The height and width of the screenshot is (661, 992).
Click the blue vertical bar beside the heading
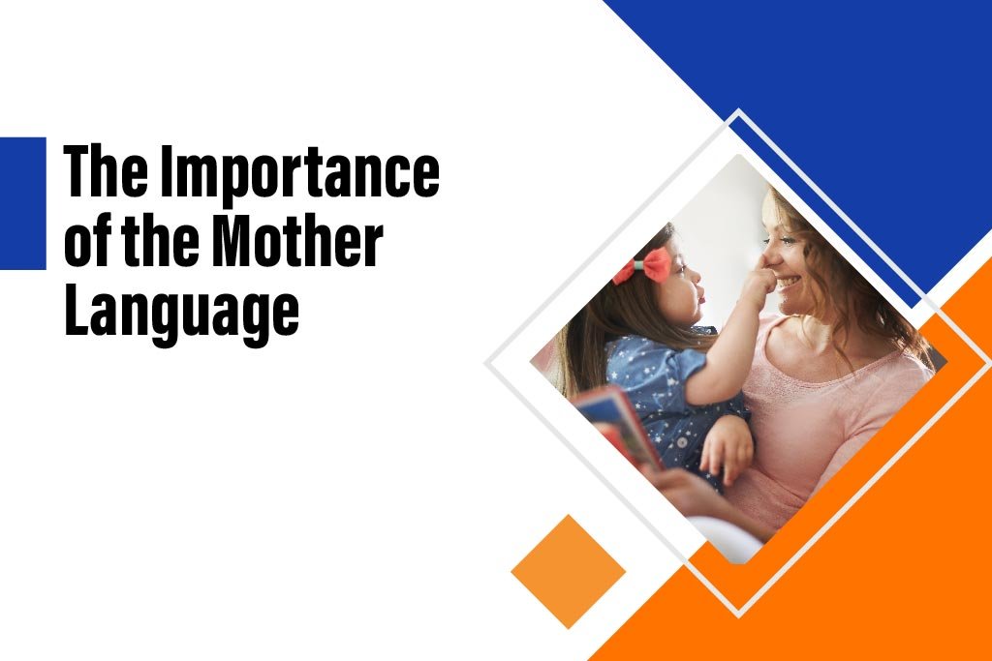point(22,203)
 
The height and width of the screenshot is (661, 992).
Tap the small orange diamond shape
point(568,571)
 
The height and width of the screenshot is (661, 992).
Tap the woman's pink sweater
point(823,406)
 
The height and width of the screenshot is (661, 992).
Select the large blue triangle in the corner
point(852,87)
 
